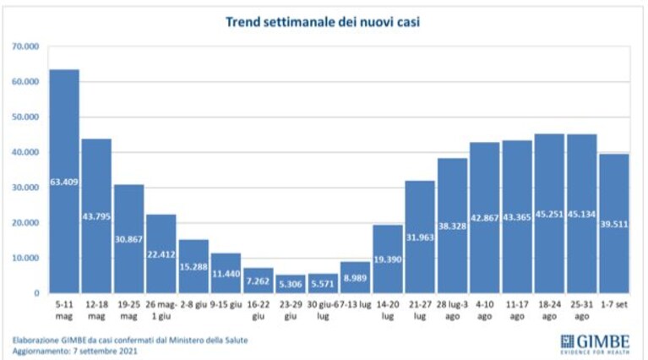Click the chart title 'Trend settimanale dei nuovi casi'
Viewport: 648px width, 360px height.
coord(323,21)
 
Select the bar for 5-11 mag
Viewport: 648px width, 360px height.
coord(64,181)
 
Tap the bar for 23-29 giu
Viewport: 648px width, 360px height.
coord(291,284)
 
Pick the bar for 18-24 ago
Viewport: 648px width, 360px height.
coord(549,213)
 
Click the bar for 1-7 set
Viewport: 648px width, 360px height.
coord(614,224)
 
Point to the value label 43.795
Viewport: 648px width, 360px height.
coord(96,216)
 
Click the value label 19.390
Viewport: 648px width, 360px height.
coord(388,259)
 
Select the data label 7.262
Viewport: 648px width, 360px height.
coord(259,281)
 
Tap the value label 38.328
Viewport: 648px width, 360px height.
coord(453,226)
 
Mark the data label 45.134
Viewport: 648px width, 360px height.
coord(581,214)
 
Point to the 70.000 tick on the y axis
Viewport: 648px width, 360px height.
coord(25,46)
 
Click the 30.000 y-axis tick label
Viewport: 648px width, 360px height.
coord(25,188)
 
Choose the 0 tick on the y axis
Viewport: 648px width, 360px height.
coord(37,293)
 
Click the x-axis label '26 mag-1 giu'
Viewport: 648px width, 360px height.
coord(161,310)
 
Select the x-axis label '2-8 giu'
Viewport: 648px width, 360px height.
coord(193,304)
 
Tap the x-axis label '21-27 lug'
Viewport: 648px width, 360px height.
coord(420,310)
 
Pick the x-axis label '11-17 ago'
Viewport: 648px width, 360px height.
coord(517,310)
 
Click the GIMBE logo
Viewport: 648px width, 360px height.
coord(595,344)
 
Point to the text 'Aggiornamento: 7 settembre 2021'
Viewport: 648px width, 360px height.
coord(75,351)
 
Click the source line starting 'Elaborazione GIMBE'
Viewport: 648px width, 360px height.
coord(130,341)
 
